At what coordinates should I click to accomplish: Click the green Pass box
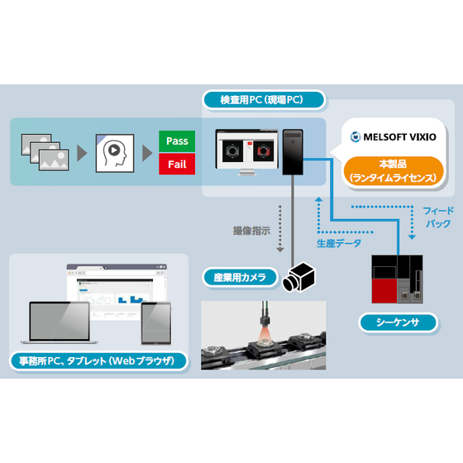tap(177, 141)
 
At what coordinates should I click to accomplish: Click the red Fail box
tap(177, 164)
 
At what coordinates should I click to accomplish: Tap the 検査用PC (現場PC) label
tap(261, 100)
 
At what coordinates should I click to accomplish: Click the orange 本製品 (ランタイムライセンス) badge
tap(394, 170)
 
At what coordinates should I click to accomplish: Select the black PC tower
tap(294, 150)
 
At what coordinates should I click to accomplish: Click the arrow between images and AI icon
tap(81, 153)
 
